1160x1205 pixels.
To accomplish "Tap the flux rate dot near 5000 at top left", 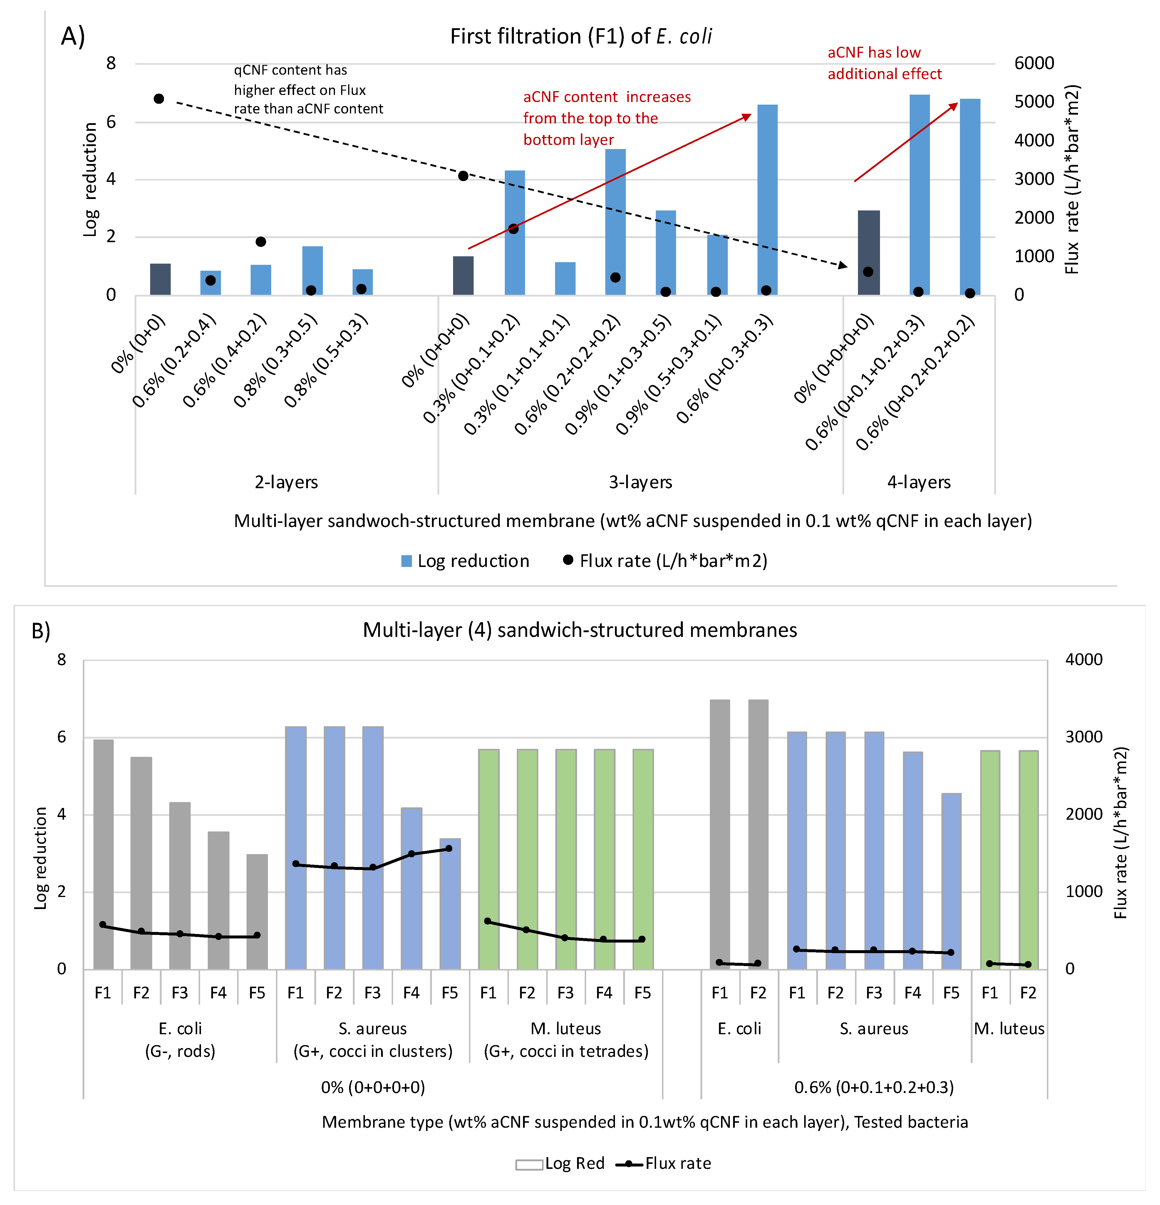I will click(159, 99).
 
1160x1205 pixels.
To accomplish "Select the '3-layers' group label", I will click(640, 482).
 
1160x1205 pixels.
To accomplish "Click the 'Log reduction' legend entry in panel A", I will click(465, 561).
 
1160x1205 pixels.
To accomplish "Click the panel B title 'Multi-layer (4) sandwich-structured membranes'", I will click(580, 630).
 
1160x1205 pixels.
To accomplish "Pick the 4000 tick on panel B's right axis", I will click(1083, 660).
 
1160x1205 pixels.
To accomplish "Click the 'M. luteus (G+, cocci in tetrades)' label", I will click(566, 1040).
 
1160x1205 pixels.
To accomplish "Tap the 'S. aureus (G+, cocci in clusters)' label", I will click(373, 1040).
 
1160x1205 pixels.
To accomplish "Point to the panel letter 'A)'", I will click(73, 36).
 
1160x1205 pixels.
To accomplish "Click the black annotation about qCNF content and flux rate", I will click(307, 90).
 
